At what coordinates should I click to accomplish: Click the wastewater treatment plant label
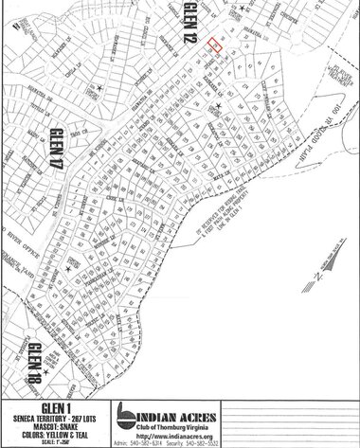(327, 78)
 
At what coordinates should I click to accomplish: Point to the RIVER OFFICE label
(20, 223)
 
